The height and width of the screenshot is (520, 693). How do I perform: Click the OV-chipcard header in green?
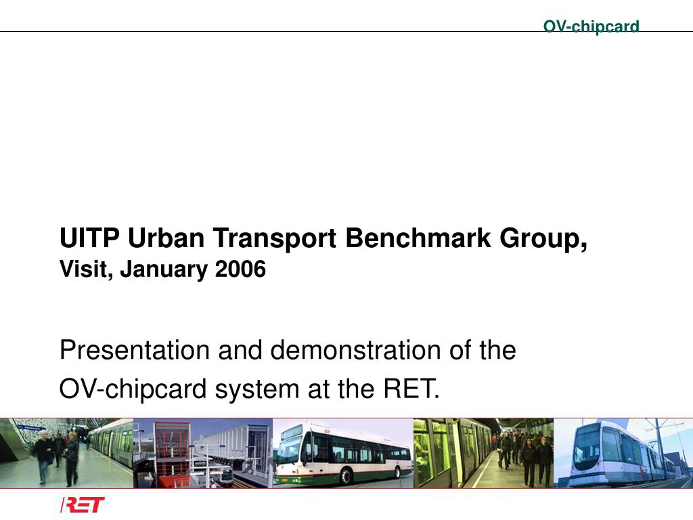tap(591, 26)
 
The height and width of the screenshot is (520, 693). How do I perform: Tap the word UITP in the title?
tap(89, 238)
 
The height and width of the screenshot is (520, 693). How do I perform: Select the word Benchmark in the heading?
tap(418, 238)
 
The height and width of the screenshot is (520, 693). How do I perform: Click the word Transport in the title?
tap(275, 239)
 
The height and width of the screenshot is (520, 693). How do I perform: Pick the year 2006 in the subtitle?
tap(240, 269)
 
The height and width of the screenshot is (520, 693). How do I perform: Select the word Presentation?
tap(135, 350)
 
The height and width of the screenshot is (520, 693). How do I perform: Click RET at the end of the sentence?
tap(411, 389)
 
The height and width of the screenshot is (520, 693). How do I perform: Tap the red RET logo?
tap(83, 504)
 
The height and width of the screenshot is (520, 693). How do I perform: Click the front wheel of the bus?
tap(346, 477)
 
